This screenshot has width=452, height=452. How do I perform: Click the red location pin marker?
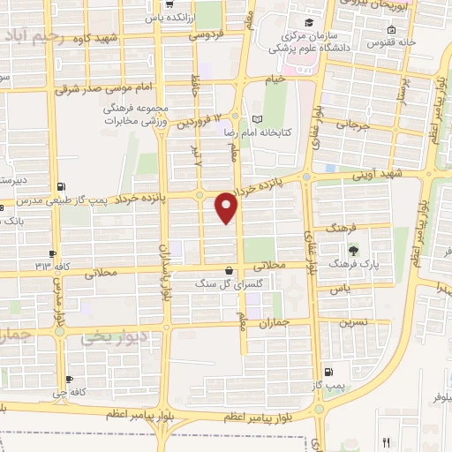(227, 208)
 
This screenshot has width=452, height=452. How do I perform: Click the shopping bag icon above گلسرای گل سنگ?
(230, 271)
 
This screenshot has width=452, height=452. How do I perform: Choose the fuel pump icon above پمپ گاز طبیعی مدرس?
(60, 186)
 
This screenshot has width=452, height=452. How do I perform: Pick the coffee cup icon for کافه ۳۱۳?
(54, 253)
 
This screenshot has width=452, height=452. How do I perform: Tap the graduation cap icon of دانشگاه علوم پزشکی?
(308, 23)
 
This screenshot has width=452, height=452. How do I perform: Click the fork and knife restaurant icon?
(386, 441)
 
